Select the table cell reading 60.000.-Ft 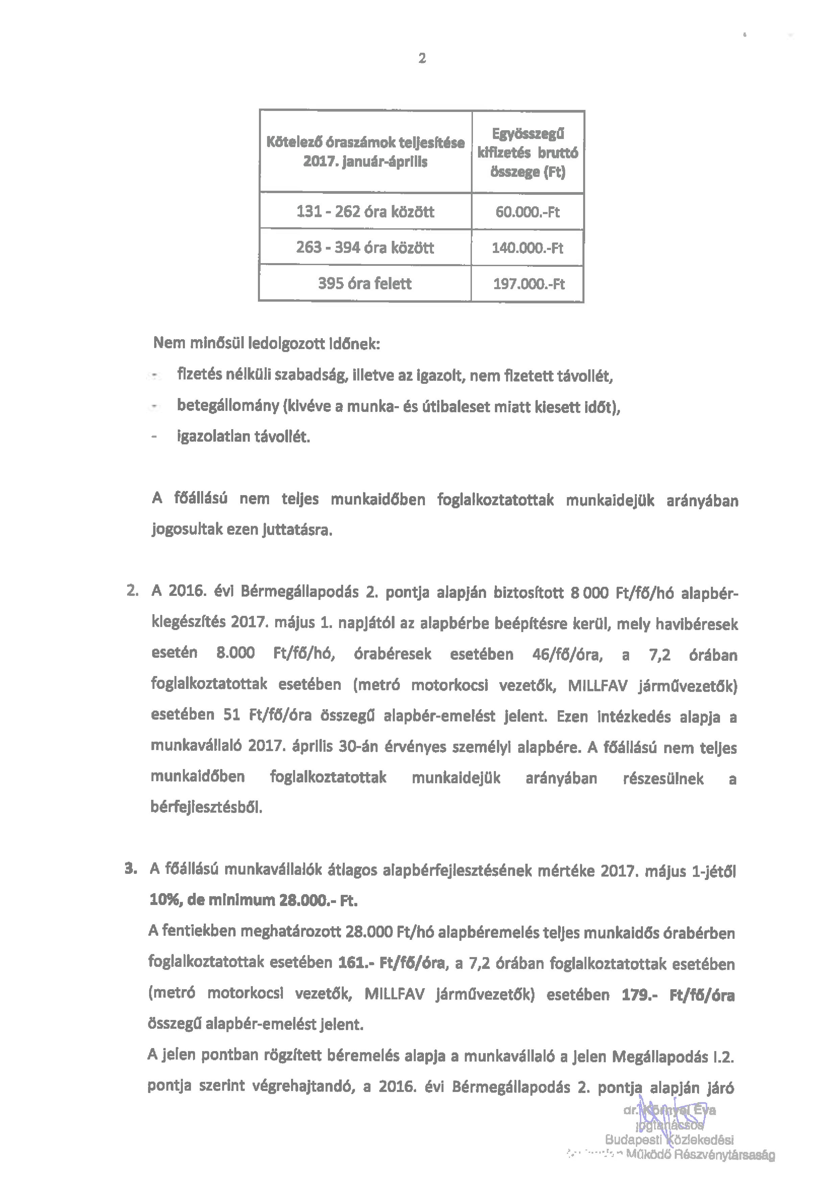point(527,212)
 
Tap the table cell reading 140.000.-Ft point(527,248)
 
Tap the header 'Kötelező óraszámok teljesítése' point(365,142)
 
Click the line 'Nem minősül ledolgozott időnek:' point(266,343)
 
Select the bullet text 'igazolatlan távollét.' point(243,437)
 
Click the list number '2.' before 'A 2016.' point(132,591)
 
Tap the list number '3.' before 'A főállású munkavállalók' point(131,869)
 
